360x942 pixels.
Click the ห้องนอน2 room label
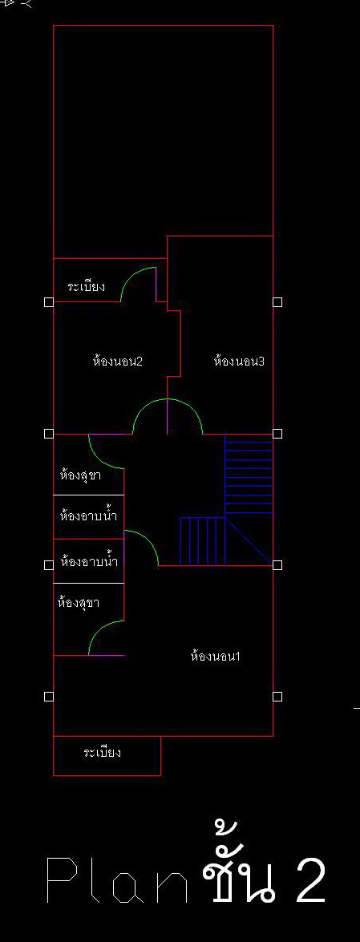(118, 361)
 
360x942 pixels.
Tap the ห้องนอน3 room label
(239, 361)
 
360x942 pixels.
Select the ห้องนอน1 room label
(215, 656)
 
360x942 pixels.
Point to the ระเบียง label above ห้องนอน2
(87, 286)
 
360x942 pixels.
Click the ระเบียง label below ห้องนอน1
(102, 751)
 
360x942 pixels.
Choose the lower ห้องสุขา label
(79, 601)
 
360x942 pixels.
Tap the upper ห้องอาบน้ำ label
(88, 515)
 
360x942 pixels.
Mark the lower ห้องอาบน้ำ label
(89, 562)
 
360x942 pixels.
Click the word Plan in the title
(117, 880)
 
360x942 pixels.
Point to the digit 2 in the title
(311, 880)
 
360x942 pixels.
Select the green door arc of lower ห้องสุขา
(99, 631)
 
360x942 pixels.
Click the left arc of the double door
(143, 409)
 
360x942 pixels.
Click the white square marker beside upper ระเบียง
(49, 302)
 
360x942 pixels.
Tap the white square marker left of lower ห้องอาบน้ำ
(49, 564)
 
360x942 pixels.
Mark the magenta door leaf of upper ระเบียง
(156, 284)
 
